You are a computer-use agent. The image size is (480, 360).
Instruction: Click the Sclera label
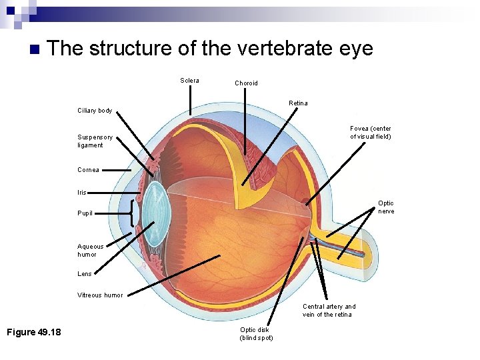189,81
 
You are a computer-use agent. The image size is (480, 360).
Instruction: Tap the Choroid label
246,83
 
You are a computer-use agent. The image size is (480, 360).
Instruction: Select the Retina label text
298,103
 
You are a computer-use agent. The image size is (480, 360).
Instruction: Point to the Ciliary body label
95,111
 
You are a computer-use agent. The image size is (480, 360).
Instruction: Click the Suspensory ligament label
91,141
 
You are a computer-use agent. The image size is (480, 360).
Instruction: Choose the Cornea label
88,170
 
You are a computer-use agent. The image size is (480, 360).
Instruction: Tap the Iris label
82,192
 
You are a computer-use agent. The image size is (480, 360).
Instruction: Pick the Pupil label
85,213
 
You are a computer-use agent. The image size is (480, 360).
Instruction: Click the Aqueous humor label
91,250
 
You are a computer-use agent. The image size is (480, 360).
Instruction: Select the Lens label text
85,274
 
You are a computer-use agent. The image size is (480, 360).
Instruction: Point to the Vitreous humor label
100,295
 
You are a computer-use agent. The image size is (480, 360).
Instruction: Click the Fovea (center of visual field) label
371,132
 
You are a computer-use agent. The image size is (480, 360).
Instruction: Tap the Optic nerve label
386,207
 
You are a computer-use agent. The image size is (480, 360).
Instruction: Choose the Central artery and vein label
329,311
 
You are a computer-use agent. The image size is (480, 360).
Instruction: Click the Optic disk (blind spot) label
256,333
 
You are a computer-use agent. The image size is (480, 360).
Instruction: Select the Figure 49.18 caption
33,332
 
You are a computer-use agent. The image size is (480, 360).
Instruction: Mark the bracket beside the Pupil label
133,213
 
